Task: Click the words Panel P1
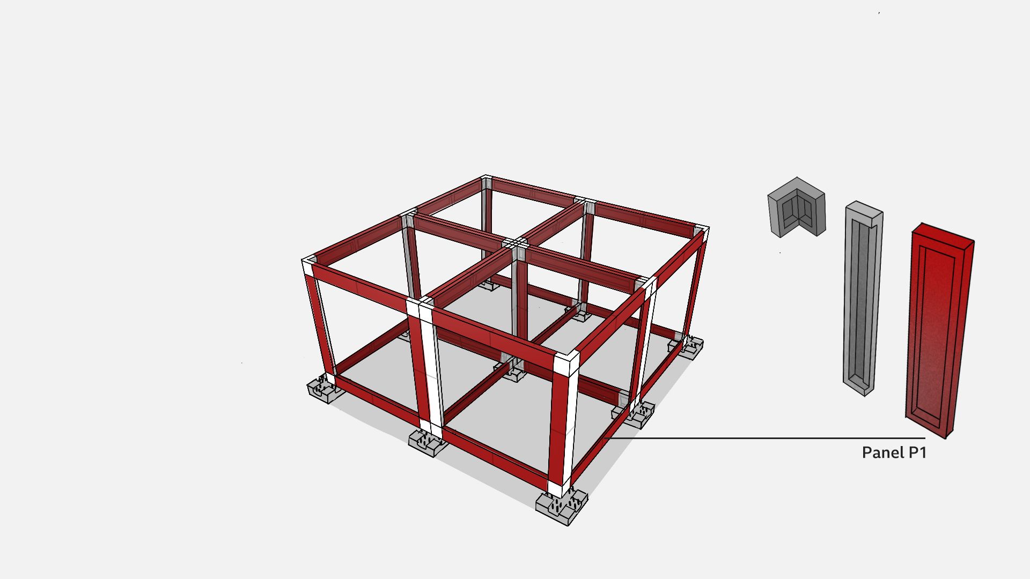(894, 452)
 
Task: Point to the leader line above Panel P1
(767, 438)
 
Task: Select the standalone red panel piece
(940, 330)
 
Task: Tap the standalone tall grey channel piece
(863, 299)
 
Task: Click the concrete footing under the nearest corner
(562, 506)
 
